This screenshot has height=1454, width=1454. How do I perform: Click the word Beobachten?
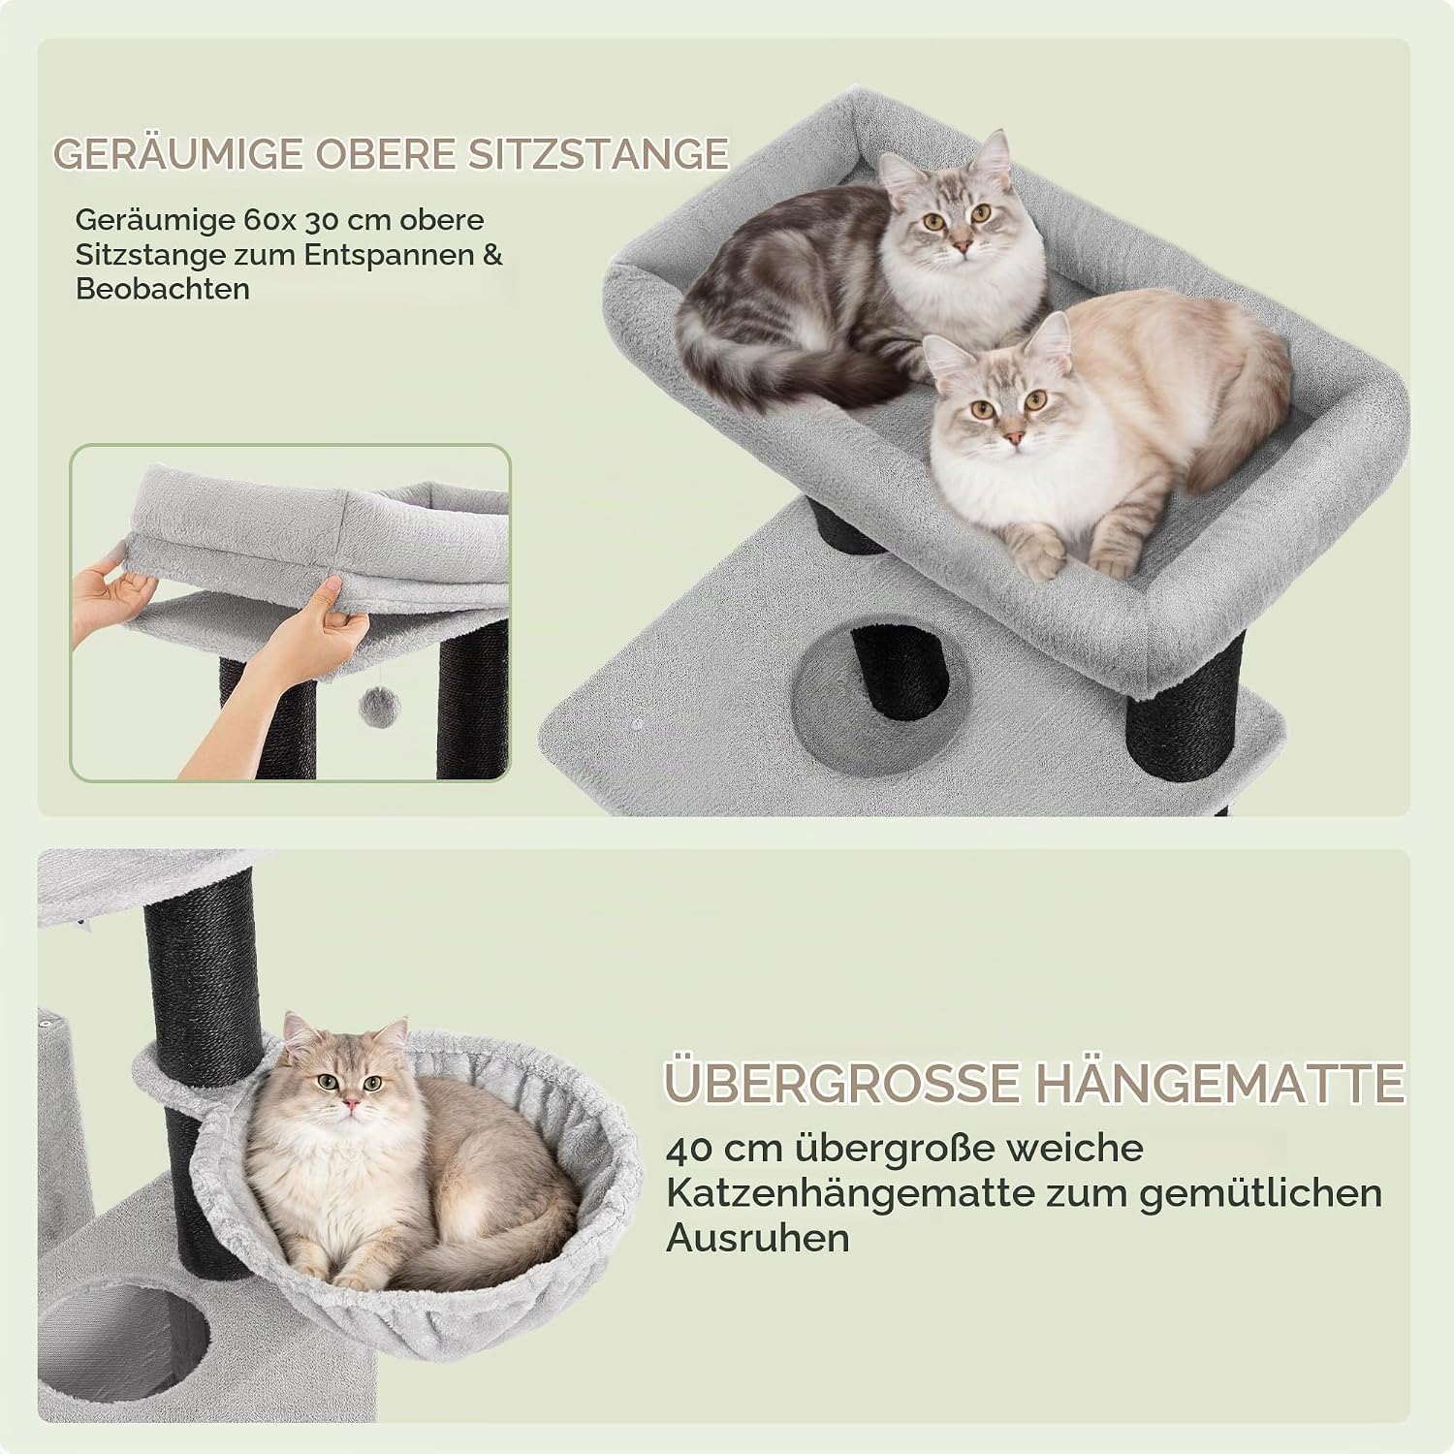(x=163, y=289)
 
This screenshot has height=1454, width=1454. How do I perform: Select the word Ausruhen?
(x=758, y=1238)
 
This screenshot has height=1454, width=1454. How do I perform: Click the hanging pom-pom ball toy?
(x=375, y=709)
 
